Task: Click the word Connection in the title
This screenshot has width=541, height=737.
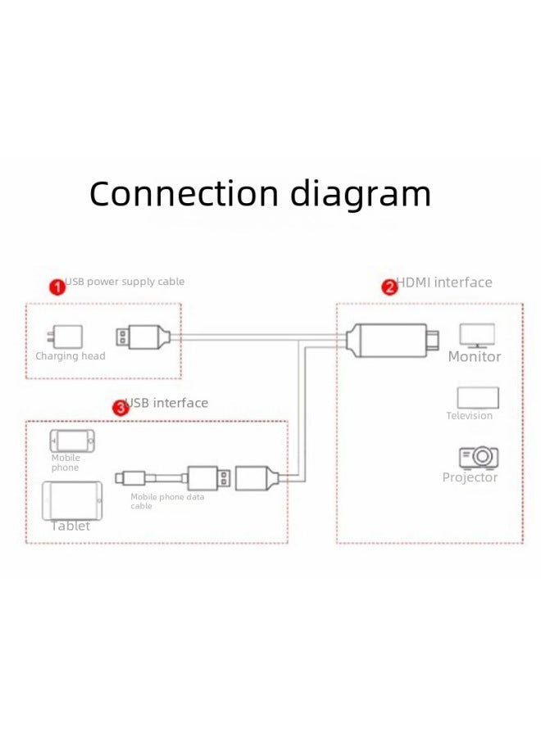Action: [184, 195]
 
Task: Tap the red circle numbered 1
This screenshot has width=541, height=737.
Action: [57, 287]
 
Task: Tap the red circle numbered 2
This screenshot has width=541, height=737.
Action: [389, 287]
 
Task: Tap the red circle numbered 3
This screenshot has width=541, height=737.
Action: [120, 407]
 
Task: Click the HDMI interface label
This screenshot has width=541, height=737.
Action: [445, 283]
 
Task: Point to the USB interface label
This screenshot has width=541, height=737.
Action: [170, 403]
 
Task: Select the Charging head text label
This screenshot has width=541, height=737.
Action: [70, 356]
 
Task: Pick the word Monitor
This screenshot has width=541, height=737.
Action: [475, 357]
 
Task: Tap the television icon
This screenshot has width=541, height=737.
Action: [477, 397]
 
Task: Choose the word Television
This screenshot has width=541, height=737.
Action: [470, 416]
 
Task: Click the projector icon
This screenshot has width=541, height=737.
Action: [478, 456]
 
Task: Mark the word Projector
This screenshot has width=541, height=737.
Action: [470, 477]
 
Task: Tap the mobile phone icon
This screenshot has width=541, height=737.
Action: [72, 441]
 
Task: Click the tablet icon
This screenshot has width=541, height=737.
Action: [72, 500]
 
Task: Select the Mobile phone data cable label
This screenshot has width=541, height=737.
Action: [167, 501]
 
